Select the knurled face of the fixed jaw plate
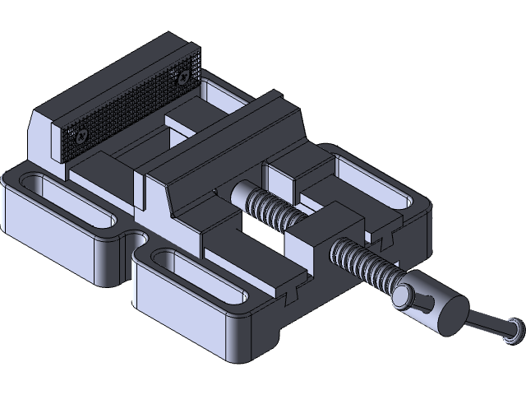[x=131, y=107]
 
